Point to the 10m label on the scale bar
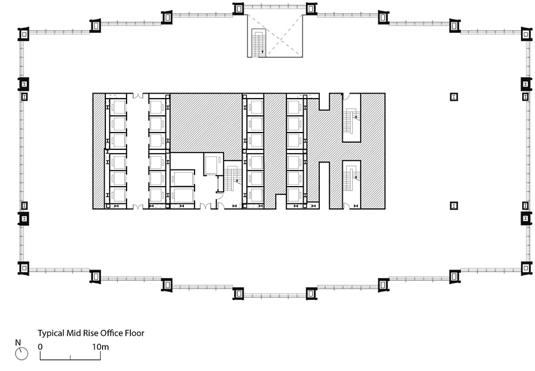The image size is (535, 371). (100, 346)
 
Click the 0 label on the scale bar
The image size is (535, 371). (40, 346)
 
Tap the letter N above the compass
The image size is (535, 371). (18, 342)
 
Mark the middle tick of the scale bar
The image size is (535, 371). (71, 355)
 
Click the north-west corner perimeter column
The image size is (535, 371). (24, 34)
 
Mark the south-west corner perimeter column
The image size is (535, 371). (24, 269)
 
